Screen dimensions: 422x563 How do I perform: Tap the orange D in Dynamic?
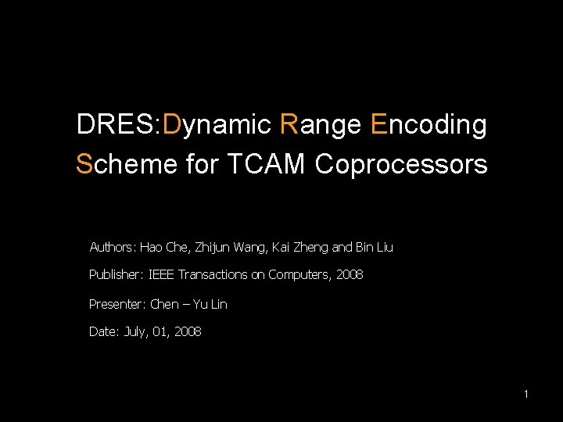point(175,124)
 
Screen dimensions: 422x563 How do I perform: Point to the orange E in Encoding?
point(381,124)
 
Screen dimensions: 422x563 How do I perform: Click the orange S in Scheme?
point(84,164)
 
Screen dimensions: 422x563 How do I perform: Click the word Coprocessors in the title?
point(402,164)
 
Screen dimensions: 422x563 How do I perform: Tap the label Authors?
point(113,248)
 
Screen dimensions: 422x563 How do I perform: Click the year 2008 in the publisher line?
point(350,275)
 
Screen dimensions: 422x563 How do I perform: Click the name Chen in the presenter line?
point(164,304)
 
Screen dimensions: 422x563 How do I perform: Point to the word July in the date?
point(136,332)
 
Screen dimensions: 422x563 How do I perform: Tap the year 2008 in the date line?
point(188,332)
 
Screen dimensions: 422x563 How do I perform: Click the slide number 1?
point(526,395)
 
